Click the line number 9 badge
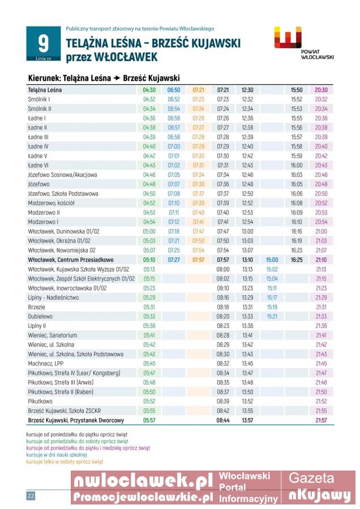click(x=43, y=44)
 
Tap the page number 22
click(x=31, y=495)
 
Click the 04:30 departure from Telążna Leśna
click(x=149, y=90)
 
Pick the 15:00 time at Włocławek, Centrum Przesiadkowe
click(x=272, y=260)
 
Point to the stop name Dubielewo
click(x=40, y=316)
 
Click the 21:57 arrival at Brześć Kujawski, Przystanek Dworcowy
click(x=321, y=420)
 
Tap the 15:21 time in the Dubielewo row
click(x=272, y=316)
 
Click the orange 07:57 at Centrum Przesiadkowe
click(x=198, y=260)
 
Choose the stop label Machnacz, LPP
click(x=46, y=364)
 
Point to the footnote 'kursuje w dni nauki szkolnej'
click(x=57, y=455)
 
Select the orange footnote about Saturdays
click(x=65, y=461)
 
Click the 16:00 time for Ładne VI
click(x=297, y=165)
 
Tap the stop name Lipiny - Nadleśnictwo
click(x=54, y=297)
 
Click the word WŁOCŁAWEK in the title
click(x=125, y=57)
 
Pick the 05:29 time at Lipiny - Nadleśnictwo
click(x=149, y=297)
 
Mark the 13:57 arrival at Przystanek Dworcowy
click(x=247, y=420)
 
